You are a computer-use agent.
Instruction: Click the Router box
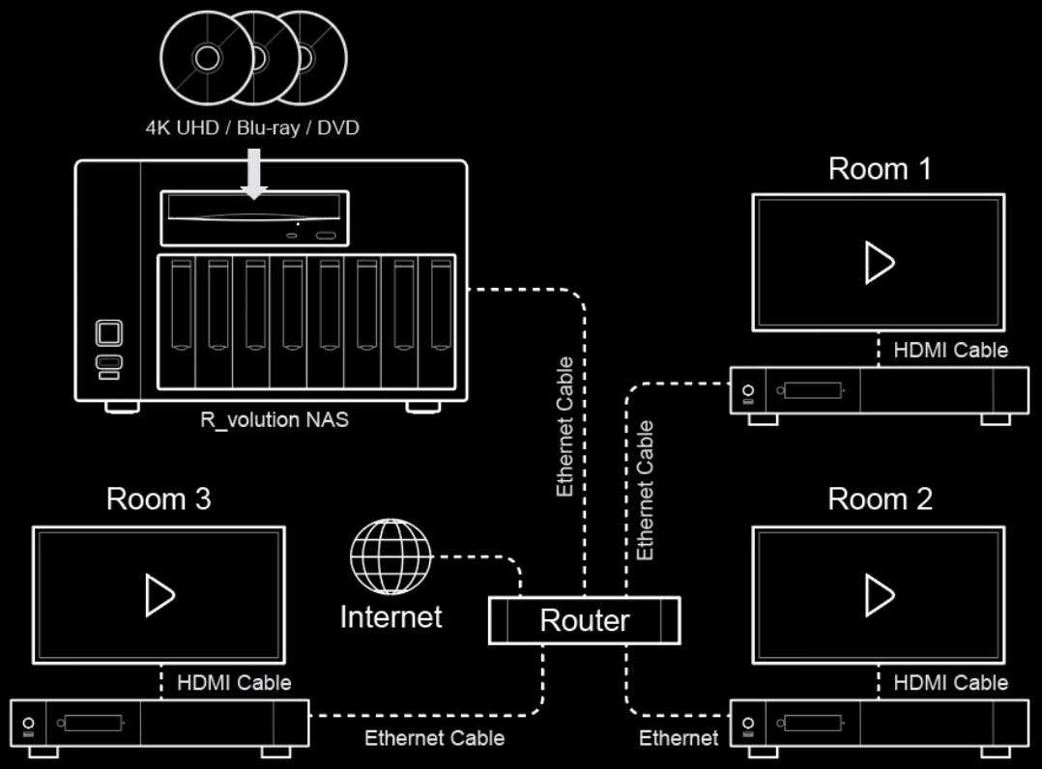click(584, 620)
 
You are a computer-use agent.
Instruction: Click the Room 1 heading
click(880, 169)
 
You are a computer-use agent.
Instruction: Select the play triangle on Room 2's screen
click(879, 594)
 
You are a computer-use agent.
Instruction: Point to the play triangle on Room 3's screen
click(159, 594)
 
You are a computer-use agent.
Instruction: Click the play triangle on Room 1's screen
click(879, 263)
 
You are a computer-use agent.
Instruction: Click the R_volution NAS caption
click(275, 420)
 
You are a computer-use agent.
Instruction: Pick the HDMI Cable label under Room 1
click(950, 350)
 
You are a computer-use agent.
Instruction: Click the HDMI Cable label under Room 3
click(234, 683)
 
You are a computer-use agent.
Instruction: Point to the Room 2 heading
click(880, 499)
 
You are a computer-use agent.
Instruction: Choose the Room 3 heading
click(159, 499)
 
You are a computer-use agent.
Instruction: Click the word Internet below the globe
click(391, 616)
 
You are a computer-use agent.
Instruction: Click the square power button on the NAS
click(109, 333)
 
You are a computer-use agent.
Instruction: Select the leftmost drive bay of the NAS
click(177, 319)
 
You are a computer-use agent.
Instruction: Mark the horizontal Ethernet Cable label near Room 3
click(434, 738)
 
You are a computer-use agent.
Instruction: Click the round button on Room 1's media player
click(747, 391)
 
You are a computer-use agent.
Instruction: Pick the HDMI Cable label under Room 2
click(950, 683)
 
